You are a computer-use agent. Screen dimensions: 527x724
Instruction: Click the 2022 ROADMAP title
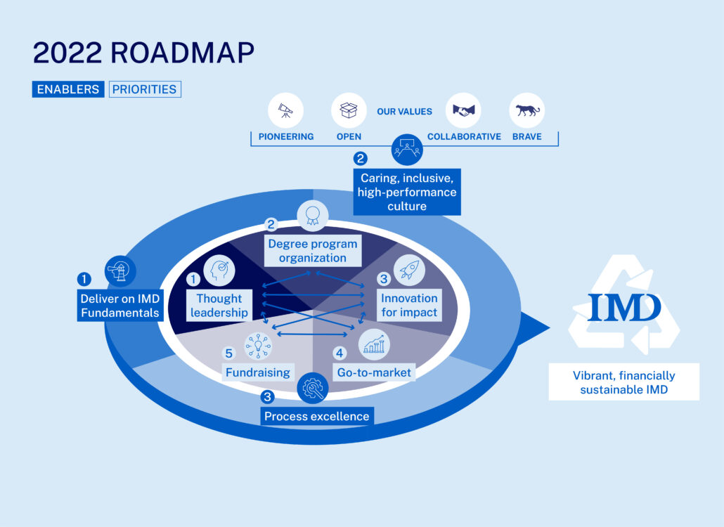(143, 53)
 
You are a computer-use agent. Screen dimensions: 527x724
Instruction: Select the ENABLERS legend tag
(68, 89)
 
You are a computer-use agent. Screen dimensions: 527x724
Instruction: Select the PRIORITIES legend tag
(146, 89)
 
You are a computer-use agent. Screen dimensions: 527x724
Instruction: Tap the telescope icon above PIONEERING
(286, 110)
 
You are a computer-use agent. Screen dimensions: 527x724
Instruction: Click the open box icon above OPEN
(349, 110)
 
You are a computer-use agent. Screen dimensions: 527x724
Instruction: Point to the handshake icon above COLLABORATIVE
(463, 110)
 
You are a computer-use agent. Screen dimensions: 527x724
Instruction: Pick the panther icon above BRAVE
(526, 110)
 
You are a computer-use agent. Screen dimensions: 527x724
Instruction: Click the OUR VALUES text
(404, 112)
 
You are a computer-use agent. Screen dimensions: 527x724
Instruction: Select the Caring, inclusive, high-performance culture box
(407, 192)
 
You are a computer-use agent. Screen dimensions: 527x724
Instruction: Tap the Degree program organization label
(313, 251)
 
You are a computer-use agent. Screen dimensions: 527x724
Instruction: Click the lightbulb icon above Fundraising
(257, 346)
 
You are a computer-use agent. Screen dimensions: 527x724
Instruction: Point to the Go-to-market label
(374, 372)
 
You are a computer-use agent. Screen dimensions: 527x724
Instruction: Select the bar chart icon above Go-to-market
(373, 344)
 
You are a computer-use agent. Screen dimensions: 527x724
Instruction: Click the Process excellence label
(316, 416)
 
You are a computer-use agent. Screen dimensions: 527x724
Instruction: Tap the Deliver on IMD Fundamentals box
(119, 306)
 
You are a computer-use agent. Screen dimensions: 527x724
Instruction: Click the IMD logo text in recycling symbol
(624, 308)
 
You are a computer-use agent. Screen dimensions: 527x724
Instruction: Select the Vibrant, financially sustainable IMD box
(623, 382)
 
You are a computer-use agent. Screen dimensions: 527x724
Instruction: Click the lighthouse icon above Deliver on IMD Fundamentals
(119, 270)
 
